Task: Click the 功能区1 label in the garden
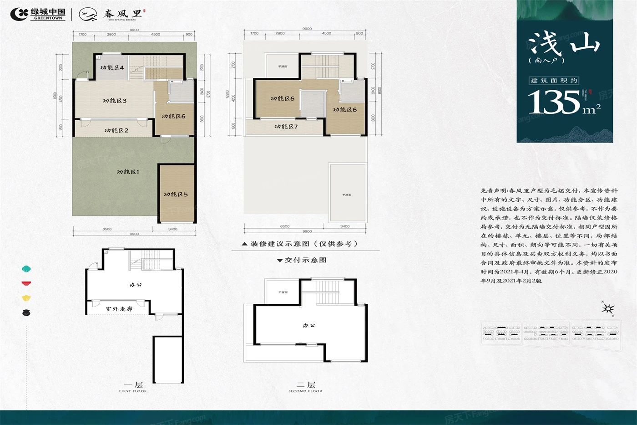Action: (x=128, y=172)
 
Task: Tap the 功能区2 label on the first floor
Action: (x=116, y=130)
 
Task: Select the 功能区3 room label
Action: (x=115, y=101)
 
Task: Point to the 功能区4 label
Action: (x=112, y=67)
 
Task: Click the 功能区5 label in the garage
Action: (x=176, y=195)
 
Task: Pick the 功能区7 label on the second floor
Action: (x=286, y=127)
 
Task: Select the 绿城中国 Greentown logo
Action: (x=38, y=14)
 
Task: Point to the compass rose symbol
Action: (x=608, y=309)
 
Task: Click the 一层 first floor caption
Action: (x=133, y=385)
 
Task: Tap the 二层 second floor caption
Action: (x=305, y=385)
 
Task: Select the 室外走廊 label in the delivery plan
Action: (x=119, y=309)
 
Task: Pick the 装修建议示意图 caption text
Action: (x=304, y=244)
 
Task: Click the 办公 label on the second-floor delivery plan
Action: (x=309, y=326)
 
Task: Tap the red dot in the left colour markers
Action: (x=26, y=283)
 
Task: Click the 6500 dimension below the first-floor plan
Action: (x=107, y=229)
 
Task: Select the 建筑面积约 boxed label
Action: (x=554, y=81)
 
